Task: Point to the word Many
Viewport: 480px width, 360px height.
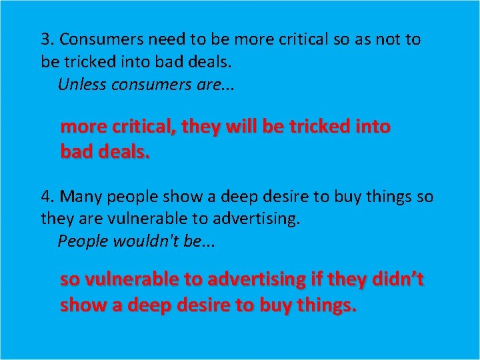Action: tap(81, 197)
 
